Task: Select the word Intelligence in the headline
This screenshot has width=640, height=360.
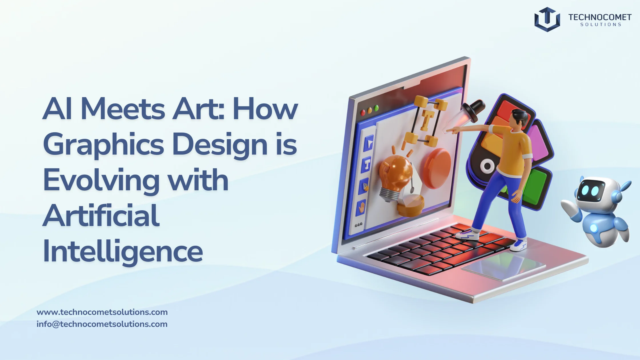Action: (x=123, y=251)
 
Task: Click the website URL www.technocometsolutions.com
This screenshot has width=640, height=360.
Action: (x=102, y=312)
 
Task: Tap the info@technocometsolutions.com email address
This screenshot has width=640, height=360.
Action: (x=102, y=324)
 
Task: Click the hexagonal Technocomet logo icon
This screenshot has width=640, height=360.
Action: (x=547, y=19)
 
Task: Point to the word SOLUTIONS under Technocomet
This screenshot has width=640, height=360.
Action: (x=601, y=25)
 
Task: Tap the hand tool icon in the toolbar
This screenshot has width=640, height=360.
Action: (x=362, y=207)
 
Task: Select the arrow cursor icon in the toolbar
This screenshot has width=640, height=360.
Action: (x=369, y=143)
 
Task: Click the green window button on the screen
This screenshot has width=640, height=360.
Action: (x=376, y=108)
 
